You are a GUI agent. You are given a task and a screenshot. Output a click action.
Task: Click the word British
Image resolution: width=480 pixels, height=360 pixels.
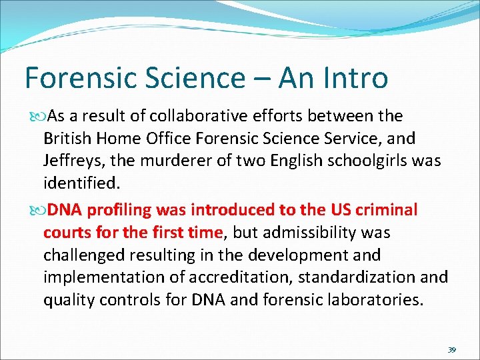point(67,139)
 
